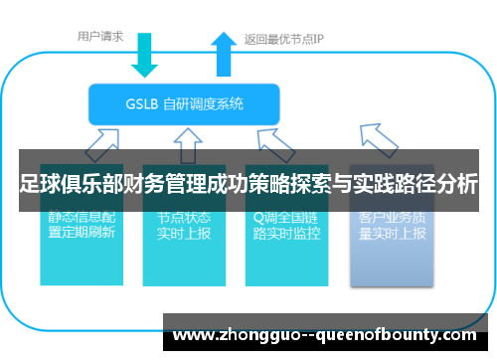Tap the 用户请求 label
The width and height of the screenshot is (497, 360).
(100, 37)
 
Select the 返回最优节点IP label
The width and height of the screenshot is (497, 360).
(284, 40)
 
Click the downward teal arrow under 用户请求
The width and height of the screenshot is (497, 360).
(145, 54)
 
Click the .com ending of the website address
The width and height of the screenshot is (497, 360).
(458, 331)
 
